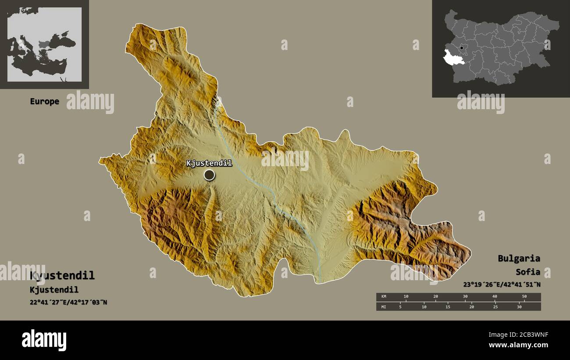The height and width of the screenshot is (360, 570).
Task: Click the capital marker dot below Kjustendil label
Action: coord(210,175)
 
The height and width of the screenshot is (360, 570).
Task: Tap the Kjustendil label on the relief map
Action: coord(209,163)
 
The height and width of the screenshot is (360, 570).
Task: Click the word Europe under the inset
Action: coord(44,101)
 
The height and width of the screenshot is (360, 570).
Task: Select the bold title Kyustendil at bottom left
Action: coord(62,275)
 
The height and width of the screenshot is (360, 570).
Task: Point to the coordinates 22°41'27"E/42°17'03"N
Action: coord(68,302)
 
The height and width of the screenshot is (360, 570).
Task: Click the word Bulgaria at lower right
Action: coord(519,258)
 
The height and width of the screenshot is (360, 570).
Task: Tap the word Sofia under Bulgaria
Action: coord(528,272)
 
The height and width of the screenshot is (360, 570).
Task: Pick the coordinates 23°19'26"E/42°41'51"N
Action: coord(502,284)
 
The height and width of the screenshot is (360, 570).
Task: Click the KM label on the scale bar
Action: coord(384,296)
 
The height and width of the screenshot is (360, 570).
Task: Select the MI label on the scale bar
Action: coord(384,307)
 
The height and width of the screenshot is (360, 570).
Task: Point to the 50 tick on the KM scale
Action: coord(524,296)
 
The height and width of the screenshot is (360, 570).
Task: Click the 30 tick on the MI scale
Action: coord(519,307)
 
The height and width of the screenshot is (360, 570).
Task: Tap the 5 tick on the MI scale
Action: coord(400,307)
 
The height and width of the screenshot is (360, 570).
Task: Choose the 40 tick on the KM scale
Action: coord(495,296)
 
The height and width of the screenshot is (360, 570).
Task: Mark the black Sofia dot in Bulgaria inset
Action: coord(462,48)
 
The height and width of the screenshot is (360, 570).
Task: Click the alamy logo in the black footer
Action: coord(44,340)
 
